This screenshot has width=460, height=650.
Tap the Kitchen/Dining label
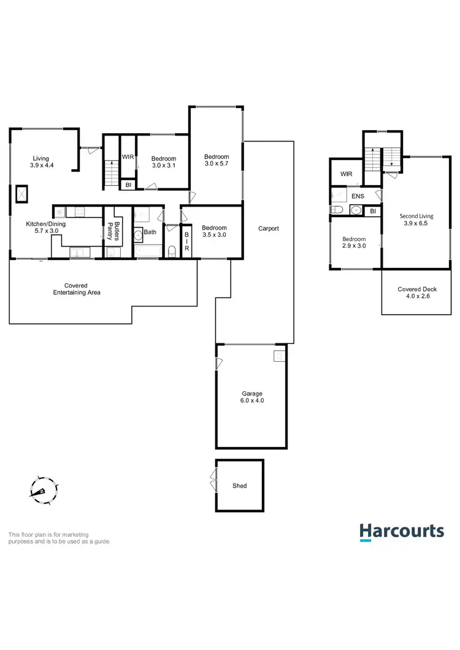pos(45,227)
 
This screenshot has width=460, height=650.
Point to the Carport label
pos(269,229)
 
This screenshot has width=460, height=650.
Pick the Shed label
pos(240,486)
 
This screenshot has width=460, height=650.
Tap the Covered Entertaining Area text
pos(76,289)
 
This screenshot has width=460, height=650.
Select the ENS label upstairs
pos(358,196)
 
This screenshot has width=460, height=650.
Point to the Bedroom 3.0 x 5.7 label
pos(217,161)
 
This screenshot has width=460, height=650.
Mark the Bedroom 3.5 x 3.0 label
pos(214,231)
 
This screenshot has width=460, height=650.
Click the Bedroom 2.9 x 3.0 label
pos(354,243)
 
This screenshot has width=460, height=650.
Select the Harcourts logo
pos(401,532)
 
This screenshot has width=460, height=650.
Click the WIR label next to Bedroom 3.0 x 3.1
pos(128,158)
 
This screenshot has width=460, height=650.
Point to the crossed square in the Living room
pos(22,194)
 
